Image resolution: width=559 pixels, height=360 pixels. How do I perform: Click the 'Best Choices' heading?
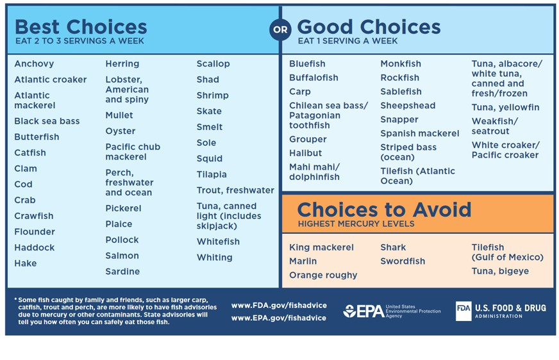81,27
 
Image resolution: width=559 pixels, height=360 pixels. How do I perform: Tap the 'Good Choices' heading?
369,27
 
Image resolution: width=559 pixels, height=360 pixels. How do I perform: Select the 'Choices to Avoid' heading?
384,209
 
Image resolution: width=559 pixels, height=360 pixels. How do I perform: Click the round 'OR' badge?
280,29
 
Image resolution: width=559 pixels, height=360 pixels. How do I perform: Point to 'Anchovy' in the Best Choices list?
34,64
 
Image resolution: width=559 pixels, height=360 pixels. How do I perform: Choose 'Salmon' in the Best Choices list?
122,256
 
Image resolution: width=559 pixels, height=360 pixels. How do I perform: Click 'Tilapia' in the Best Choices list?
212,174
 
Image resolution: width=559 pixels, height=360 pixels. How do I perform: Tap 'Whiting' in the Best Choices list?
214,258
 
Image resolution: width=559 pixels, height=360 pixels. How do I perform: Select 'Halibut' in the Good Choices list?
305,153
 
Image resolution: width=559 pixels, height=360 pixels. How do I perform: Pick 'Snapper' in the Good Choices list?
399,120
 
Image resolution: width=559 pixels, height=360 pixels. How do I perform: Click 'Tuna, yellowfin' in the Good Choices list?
505,108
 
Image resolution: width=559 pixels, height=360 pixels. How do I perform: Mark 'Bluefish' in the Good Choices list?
307,64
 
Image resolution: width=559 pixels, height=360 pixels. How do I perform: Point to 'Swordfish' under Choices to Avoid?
403,261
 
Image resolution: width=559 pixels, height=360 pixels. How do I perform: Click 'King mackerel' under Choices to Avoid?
321,247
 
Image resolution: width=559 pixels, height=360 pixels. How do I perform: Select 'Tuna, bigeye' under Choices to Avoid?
500,271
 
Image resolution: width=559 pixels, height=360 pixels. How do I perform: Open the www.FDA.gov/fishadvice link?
279,306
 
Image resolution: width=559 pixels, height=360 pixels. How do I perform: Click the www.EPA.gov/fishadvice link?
279,318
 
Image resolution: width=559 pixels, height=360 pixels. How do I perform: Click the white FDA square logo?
463,311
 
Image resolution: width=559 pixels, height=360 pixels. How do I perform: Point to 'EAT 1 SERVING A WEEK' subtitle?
347,41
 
